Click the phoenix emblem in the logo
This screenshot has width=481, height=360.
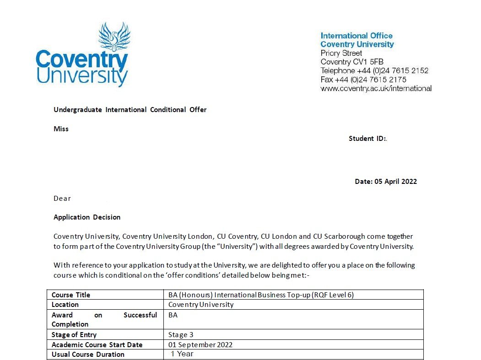point(114,37)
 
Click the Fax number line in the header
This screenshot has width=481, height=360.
point(363,80)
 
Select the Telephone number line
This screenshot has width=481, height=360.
point(374,70)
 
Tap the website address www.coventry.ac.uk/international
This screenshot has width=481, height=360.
point(376,88)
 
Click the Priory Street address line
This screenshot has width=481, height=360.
point(341,53)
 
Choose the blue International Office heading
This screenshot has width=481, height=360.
point(357,36)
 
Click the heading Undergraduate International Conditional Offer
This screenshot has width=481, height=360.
point(130,110)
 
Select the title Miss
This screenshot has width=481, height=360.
point(61,129)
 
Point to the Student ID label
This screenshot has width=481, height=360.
point(368,139)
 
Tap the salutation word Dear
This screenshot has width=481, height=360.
point(62,199)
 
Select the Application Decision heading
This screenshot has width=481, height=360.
point(87,217)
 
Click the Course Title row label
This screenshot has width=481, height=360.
point(71,295)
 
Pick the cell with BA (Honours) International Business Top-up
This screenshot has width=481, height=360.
point(261,295)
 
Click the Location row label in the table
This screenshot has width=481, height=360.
point(65,305)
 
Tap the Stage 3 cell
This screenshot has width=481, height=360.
point(181,335)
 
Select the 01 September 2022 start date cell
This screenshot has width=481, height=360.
point(200,345)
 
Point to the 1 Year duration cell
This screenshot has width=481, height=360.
point(182,354)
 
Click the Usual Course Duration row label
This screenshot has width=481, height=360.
point(88,355)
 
